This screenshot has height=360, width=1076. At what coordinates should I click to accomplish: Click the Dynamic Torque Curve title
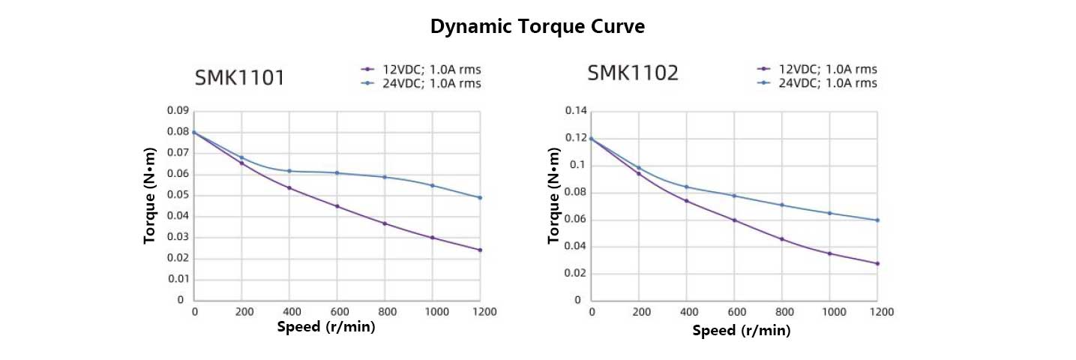coord(538,26)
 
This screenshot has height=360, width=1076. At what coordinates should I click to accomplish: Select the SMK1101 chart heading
coord(239,77)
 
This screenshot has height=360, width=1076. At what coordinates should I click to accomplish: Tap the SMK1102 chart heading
coord(633,73)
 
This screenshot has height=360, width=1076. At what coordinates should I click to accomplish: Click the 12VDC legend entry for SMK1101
coord(421,70)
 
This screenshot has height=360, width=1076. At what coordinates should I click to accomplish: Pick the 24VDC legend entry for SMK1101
coord(421,83)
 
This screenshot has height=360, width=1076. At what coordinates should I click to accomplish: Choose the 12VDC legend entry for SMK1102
coord(817,70)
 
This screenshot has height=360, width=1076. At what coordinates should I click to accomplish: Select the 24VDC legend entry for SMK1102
coord(817,83)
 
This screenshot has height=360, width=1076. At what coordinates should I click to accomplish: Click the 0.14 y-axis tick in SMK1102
coord(576,111)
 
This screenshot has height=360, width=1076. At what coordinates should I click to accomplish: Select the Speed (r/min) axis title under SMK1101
coord(326,327)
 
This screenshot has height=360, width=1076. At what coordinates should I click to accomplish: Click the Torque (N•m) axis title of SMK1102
coord(554,196)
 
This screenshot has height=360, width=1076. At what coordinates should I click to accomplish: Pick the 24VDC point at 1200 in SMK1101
coord(480,197)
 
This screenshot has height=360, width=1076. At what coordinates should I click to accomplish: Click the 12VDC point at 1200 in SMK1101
coord(480,250)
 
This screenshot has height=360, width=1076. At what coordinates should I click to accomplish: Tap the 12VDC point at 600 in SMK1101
coord(337,206)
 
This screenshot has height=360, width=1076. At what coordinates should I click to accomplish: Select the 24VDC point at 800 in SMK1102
coord(781,205)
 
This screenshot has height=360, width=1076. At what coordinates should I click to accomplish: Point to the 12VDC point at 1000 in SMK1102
coord(829,253)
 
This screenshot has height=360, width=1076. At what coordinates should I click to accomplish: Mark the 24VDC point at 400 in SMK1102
coord(686,187)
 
